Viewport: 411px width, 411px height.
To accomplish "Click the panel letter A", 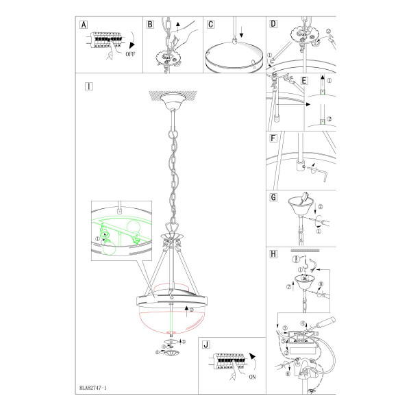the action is [84, 25].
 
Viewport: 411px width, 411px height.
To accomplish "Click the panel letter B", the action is [150, 25].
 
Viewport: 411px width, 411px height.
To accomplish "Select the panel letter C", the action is [211, 25].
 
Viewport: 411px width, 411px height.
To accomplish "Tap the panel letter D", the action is [273, 24].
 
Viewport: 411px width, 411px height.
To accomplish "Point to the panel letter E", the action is [304, 81].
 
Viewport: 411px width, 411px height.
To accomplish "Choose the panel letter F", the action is [273, 138].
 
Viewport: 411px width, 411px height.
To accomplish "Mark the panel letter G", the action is [273, 197].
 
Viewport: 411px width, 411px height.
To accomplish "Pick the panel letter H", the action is [273, 253].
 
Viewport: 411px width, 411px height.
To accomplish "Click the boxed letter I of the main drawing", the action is [89, 86].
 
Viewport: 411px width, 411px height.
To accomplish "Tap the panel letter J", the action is [206, 345].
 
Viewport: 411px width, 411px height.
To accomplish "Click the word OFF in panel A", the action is [130, 54].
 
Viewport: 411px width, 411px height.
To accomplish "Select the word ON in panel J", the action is [252, 377].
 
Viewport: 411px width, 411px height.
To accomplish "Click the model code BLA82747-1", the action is [93, 388].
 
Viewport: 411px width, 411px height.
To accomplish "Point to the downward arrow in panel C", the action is [241, 32].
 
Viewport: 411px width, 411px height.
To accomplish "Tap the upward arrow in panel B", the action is [178, 27].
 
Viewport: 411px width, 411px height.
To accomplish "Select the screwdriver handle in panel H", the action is [326, 322].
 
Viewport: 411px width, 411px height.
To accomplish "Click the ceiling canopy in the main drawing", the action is [173, 101].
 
